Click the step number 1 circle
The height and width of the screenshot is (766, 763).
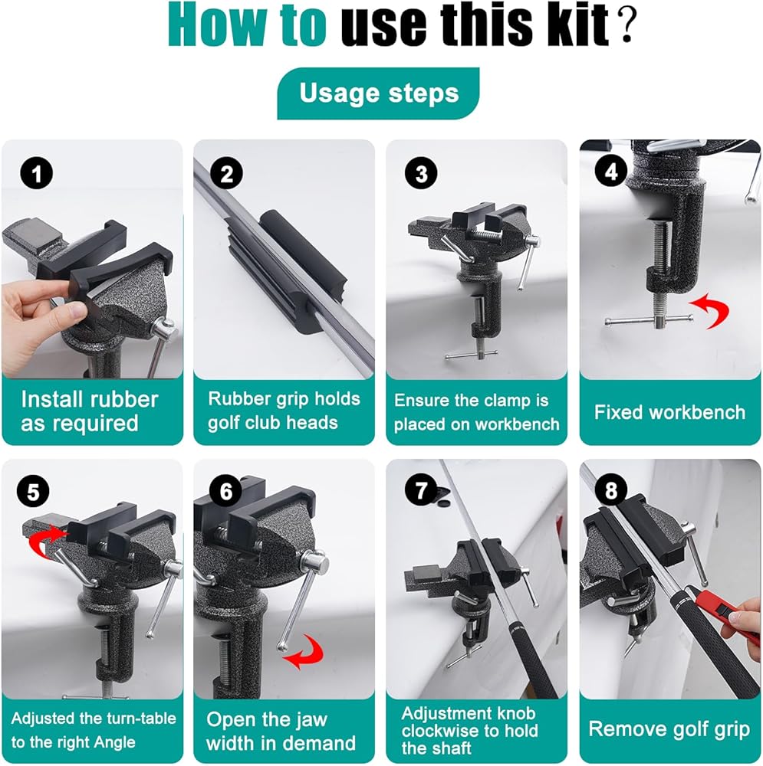pos(37,173)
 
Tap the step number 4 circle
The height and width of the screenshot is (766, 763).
pos(611,172)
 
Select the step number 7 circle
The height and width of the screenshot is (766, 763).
pos(421,490)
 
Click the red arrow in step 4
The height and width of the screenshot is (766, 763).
pos(711,309)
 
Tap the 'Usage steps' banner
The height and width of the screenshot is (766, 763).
pos(378,93)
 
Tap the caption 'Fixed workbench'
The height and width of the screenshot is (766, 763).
pos(669,412)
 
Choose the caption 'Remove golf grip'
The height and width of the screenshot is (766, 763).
pos(669,729)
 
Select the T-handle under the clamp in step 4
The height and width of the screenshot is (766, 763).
pos(649,320)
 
